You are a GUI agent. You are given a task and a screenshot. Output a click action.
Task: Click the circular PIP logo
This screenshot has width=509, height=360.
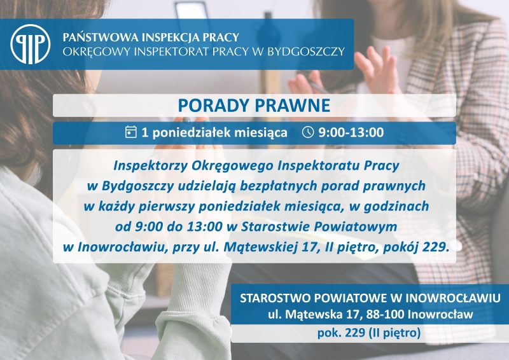(x=30, y=44)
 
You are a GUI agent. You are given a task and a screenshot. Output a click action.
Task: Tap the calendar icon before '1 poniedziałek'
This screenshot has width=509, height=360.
(x=131, y=132)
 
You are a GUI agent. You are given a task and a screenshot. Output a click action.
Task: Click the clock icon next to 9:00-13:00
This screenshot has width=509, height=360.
(x=308, y=132)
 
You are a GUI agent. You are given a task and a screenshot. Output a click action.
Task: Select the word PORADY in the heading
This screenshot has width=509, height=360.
(x=213, y=105)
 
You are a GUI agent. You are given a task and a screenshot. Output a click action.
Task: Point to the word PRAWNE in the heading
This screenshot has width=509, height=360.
(x=293, y=105)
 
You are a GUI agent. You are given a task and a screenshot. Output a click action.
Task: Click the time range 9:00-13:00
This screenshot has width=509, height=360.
(x=351, y=132)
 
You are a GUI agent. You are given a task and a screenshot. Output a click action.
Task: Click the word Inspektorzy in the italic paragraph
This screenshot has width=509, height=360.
(x=151, y=166)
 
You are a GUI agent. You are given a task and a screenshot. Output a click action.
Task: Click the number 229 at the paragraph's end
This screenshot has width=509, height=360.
(x=436, y=247)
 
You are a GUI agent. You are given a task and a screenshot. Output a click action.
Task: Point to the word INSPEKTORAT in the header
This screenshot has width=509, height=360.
(x=171, y=52)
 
